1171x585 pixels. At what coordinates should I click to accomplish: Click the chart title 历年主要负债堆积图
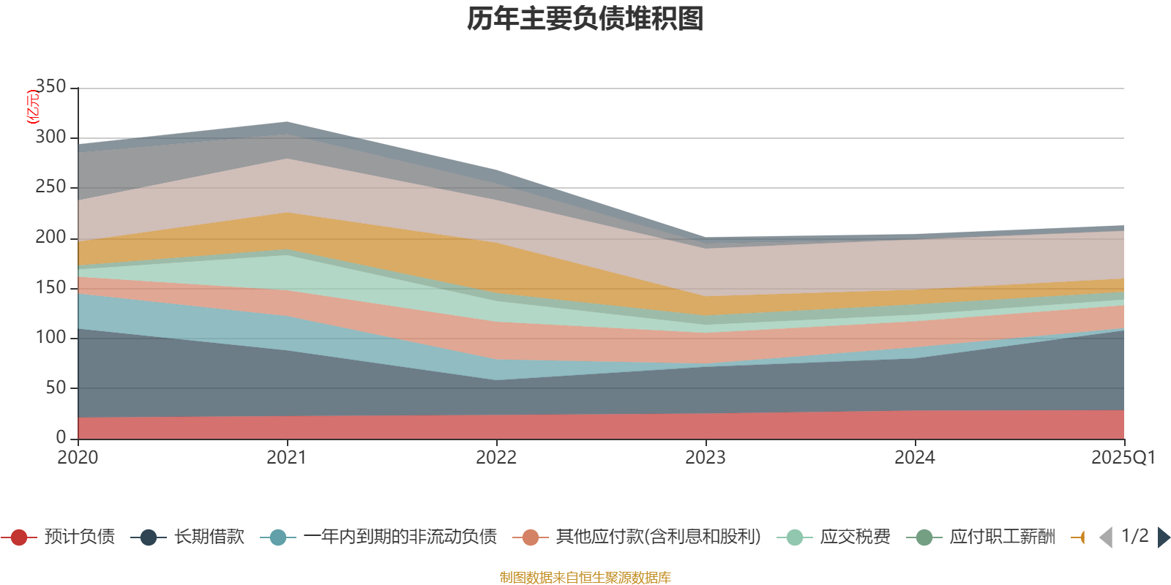click(585, 20)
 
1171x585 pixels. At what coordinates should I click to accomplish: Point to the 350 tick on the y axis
click(50, 87)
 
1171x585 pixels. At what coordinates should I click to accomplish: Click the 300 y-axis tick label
click(50, 137)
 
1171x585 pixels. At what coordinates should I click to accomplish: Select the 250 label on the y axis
click(50, 187)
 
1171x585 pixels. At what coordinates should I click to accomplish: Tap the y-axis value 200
click(50, 238)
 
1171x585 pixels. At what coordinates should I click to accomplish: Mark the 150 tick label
click(50, 287)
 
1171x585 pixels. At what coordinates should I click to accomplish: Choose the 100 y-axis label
click(50, 337)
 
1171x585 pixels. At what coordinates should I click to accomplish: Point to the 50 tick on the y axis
click(56, 388)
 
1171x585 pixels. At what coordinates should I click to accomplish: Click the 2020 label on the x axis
click(78, 458)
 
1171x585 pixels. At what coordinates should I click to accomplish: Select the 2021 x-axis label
click(287, 458)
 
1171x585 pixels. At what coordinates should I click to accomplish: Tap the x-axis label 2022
click(496, 458)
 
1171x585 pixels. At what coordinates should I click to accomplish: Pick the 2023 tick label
click(706, 458)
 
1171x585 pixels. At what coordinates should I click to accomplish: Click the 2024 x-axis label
click(915, 458)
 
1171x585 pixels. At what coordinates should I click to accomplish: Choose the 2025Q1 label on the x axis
click(1123, 458)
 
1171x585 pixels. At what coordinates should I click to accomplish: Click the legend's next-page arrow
click(1163, 537)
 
